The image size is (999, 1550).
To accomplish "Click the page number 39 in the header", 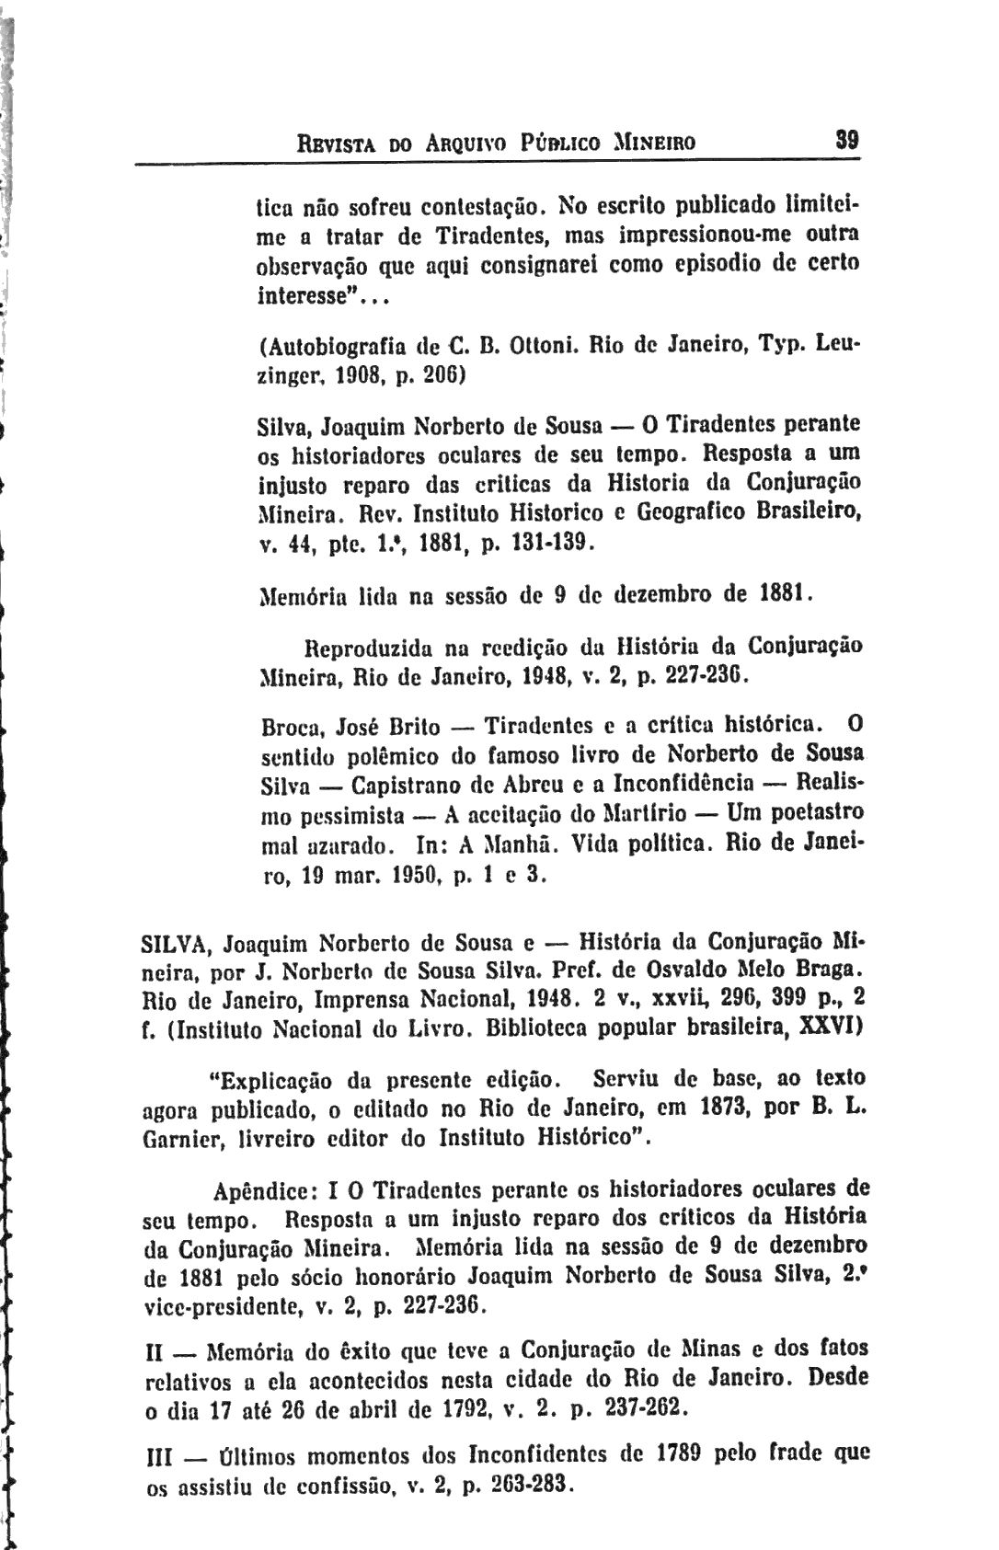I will (846, 143).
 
